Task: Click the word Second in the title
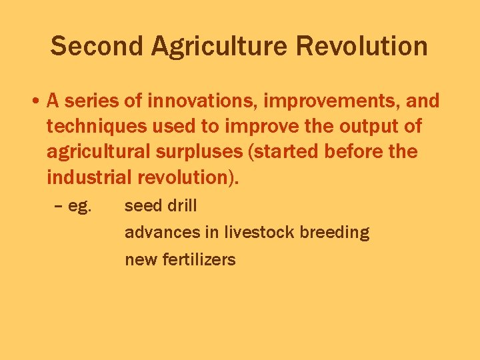pos(97,47)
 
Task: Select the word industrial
pos(90,177)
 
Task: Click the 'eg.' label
pos(79,207)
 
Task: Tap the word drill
pos(182,206)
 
